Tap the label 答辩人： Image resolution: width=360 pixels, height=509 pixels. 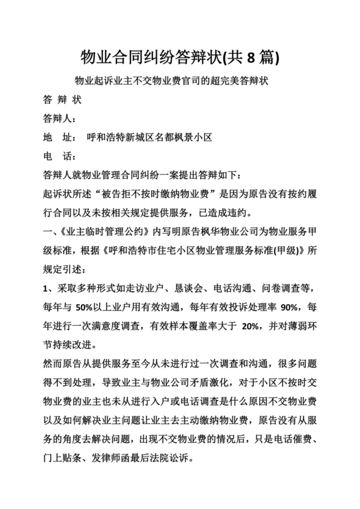coord(59,119)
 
